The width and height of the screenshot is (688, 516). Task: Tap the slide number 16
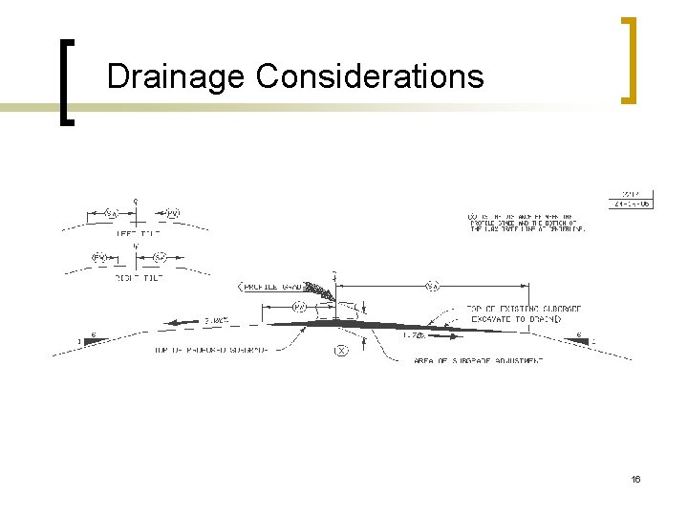pyautogui.click(x=634, y=478)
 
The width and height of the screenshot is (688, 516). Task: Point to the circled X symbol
pyautogui.click(x=341, y=351)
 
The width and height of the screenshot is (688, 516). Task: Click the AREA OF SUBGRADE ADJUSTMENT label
pyautogui.click(x=479, y=360)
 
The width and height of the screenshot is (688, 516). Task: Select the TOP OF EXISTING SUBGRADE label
pyautogui.click(x=524, y=309)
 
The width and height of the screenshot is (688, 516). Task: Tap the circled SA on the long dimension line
pyautogui.click(x=433, y=285)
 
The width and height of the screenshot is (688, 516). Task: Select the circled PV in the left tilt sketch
pyautogui.click(x=173, y=213)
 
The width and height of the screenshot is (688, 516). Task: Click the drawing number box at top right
pyautogui.click(x=632, y=200)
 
